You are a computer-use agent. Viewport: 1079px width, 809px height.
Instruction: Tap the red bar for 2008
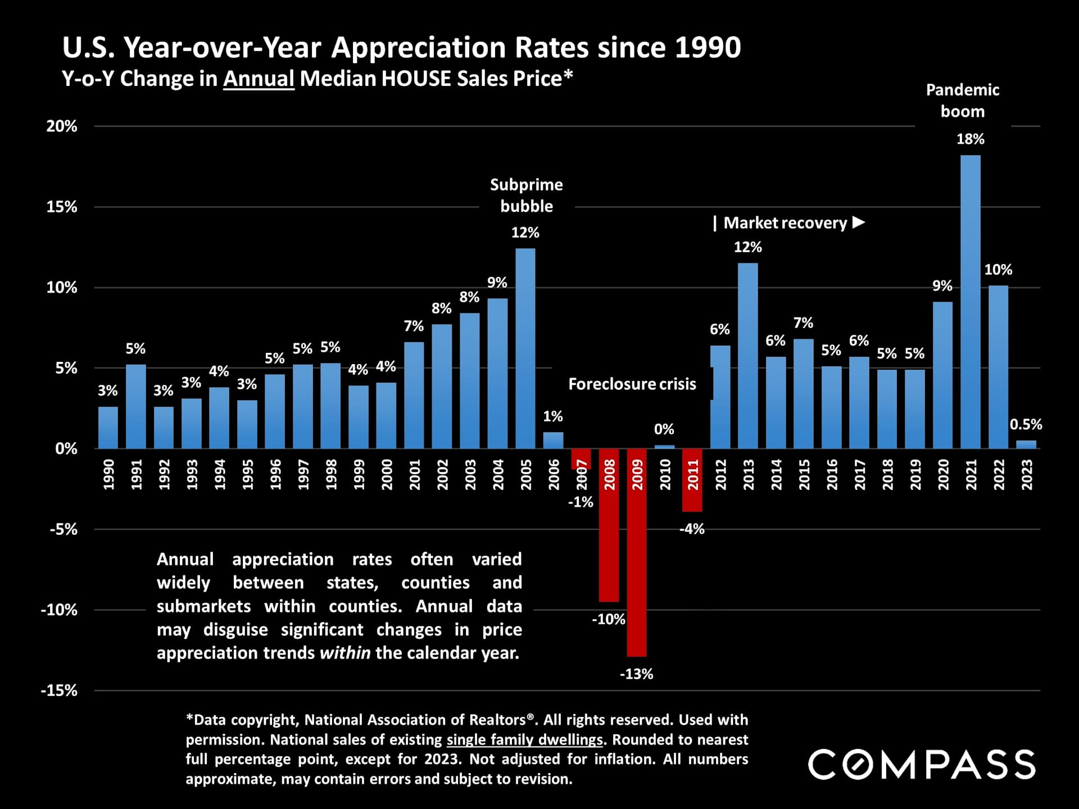click(x=609, y=525)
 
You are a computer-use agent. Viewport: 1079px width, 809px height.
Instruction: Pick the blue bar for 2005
click(x=525, y=348)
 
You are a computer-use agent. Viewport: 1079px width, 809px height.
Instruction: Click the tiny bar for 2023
click(x=1026, y=444)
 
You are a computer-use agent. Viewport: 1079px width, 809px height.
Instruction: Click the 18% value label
click(x=971, y=139)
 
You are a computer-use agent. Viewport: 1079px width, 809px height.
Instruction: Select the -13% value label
click(x=636, y=674)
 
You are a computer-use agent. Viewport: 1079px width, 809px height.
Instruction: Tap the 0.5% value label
click(x=1026, y=425)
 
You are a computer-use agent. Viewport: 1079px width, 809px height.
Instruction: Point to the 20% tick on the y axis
click(x=62, y=126)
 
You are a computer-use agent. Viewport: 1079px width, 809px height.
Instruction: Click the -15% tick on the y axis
click(x=59, y=690)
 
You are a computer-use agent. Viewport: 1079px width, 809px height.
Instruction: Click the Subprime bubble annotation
click(x=526, y=196)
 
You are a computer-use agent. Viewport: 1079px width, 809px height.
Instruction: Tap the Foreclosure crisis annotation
click(x=632, y=384)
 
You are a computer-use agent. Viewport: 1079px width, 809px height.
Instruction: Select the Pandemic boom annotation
click(x=963, y=101)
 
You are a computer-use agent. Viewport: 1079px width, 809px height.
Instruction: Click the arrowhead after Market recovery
click(x=859, y=222)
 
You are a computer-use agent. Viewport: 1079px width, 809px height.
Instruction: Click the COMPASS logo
click(x=922, y=765)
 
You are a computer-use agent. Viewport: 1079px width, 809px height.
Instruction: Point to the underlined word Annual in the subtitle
click(x=259, y=79)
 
